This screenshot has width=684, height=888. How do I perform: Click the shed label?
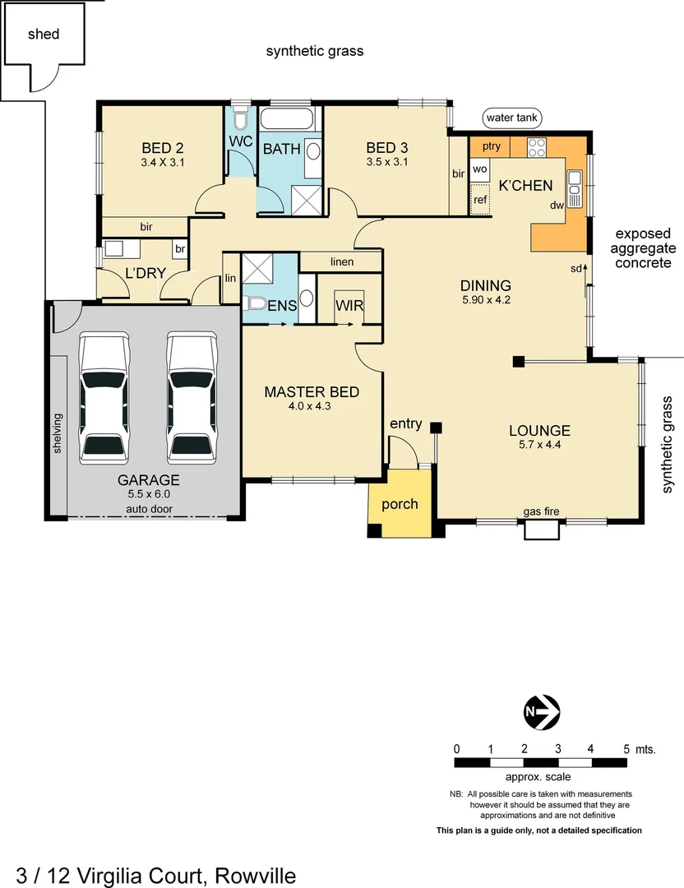coord(44,34)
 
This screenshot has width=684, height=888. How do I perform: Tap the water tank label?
coord(511,118)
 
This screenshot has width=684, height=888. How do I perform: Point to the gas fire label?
coord(541,511)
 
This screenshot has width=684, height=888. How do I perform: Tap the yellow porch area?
coord(400,504)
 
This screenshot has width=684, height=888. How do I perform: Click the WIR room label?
coord(349,305)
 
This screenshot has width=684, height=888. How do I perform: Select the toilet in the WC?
coord(240,122)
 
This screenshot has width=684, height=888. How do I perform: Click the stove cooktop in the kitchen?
coord(537,148)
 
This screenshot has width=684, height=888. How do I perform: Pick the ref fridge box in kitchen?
coord(480,199)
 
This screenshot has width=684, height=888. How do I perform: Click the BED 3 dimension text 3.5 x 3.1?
coord(387,162)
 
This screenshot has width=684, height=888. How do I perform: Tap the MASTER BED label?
coord(311,392)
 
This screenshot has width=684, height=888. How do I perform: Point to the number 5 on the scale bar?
coord(626,749)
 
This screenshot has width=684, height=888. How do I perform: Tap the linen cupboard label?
coord(341,261)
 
